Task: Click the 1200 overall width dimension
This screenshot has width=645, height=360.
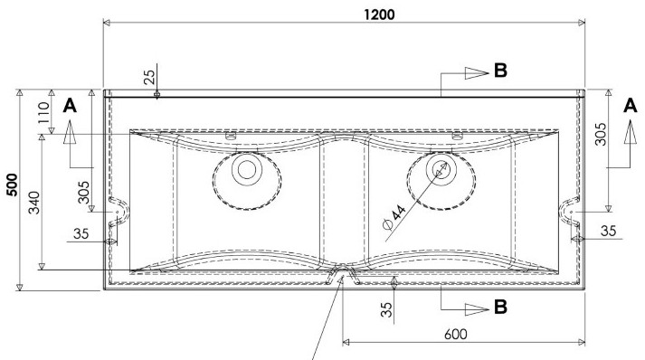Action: point(379,14)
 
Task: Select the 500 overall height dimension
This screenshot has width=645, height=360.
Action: point(13,185)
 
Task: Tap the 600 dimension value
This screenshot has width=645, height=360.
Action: point(455,334)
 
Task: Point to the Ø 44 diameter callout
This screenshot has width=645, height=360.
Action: point(394,217)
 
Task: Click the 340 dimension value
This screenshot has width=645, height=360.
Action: point(34,203)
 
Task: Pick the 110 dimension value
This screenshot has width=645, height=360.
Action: point(43,113)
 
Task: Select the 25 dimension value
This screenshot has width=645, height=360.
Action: point(150,77)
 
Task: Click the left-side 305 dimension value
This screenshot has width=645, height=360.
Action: point(83,192)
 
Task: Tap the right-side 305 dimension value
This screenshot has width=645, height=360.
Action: point(601,134)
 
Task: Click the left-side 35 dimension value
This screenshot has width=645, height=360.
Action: point(81,233)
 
